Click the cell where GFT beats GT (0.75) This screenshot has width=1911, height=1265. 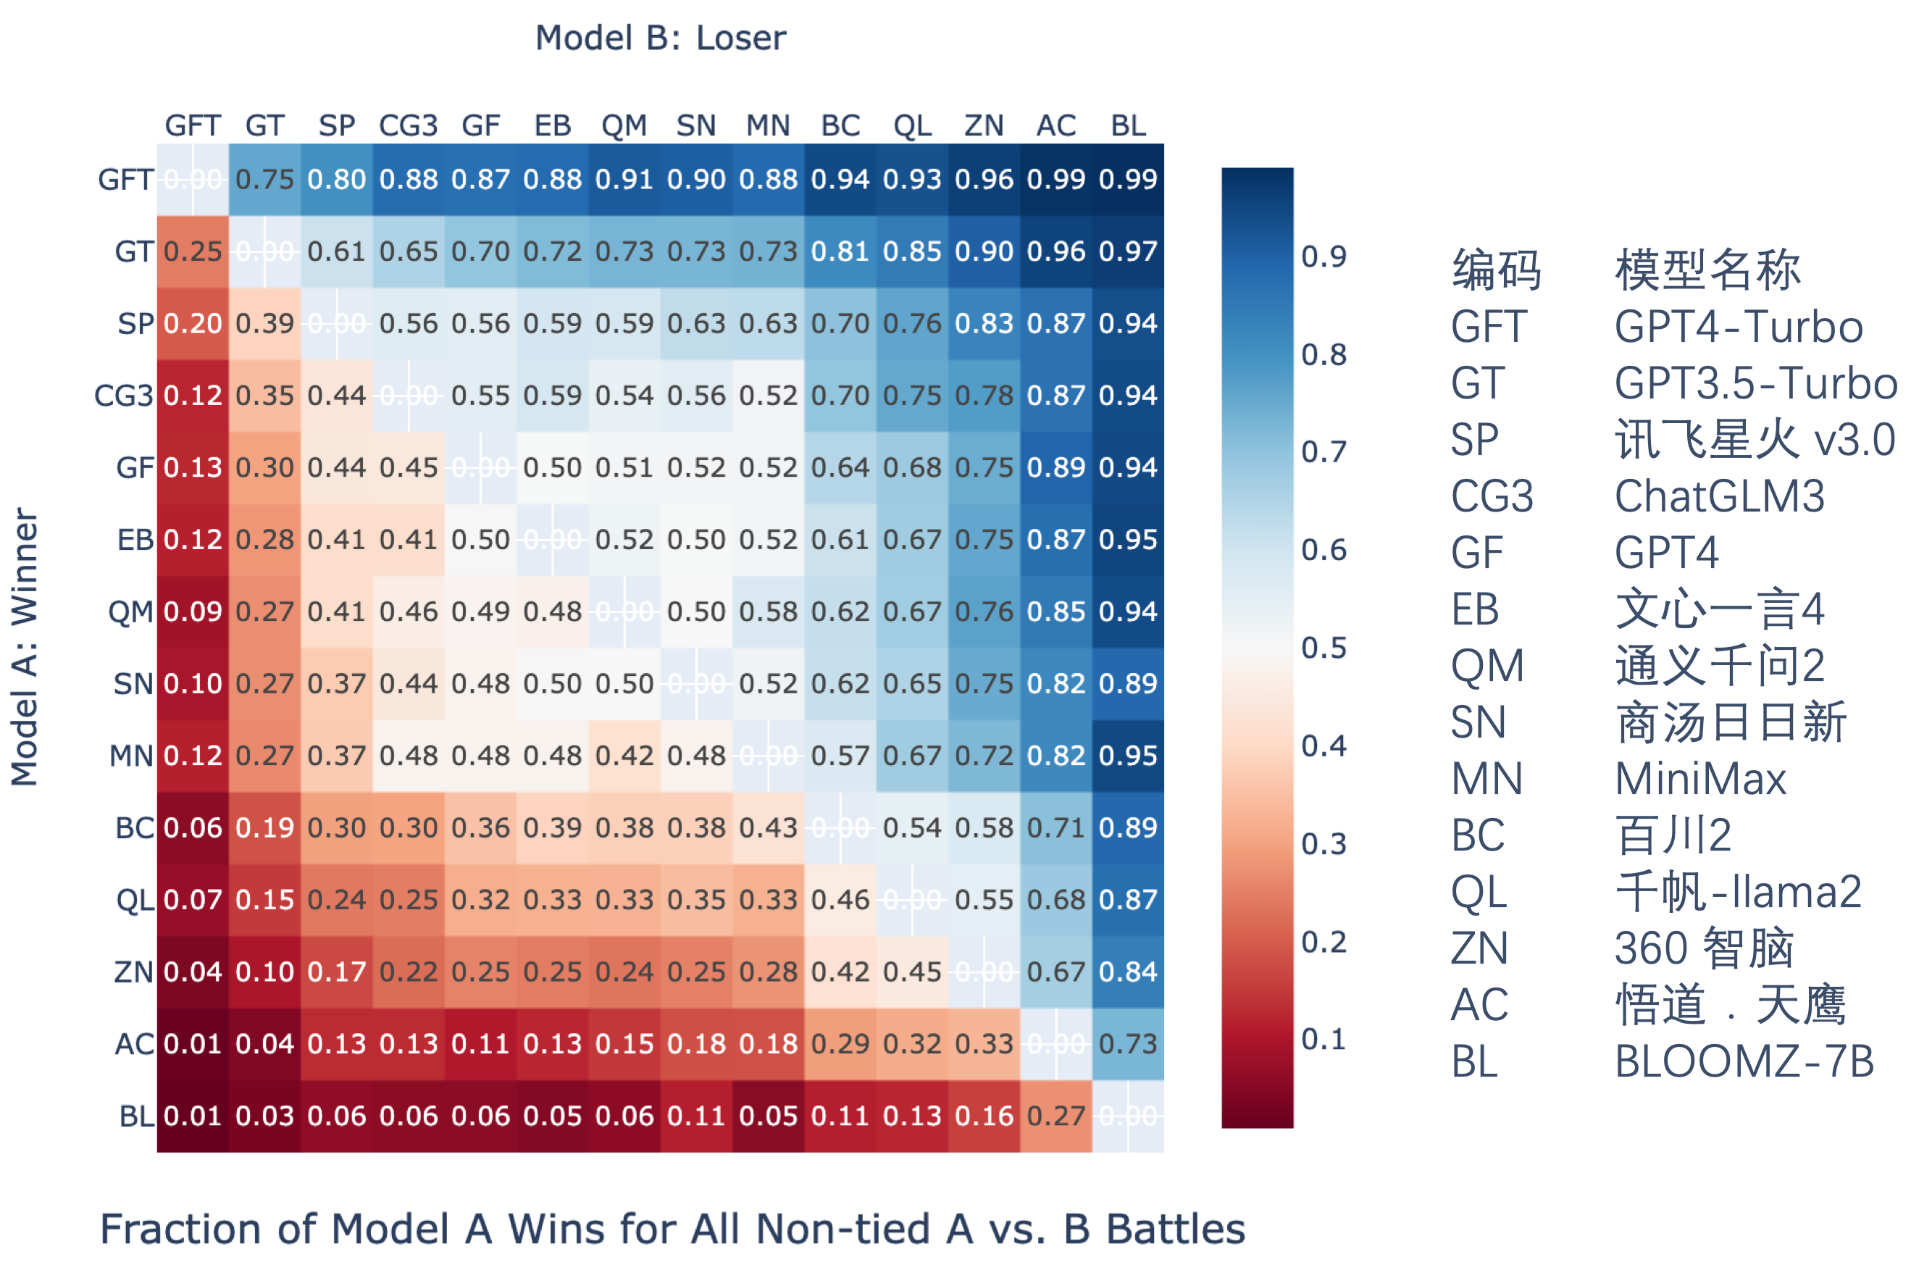pos(264,179)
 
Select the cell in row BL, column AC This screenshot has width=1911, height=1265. pos(1056,1116)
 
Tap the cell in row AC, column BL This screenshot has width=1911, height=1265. pos(1128,1044)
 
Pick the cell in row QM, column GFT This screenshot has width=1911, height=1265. pos(193,611)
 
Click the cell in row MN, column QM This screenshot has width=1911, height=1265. pos(624,756)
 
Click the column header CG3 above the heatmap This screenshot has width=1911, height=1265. pos(408,126)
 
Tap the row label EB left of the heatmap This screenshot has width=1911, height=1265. pos(135,540)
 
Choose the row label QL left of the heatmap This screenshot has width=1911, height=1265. pos(135,900)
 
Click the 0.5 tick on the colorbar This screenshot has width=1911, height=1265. pos(1324,648)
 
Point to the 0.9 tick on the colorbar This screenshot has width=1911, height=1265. pos(1324,256)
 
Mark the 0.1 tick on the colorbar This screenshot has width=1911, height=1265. pos(1324,1039)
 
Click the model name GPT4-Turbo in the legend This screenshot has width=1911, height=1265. pos(1739,327)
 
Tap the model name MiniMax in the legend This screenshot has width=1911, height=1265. pos(1700,780)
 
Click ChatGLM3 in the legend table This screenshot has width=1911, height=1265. pos(1719,496)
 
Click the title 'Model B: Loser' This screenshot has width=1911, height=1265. pos(661,38)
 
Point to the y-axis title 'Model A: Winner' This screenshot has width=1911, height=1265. pos(24,646)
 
